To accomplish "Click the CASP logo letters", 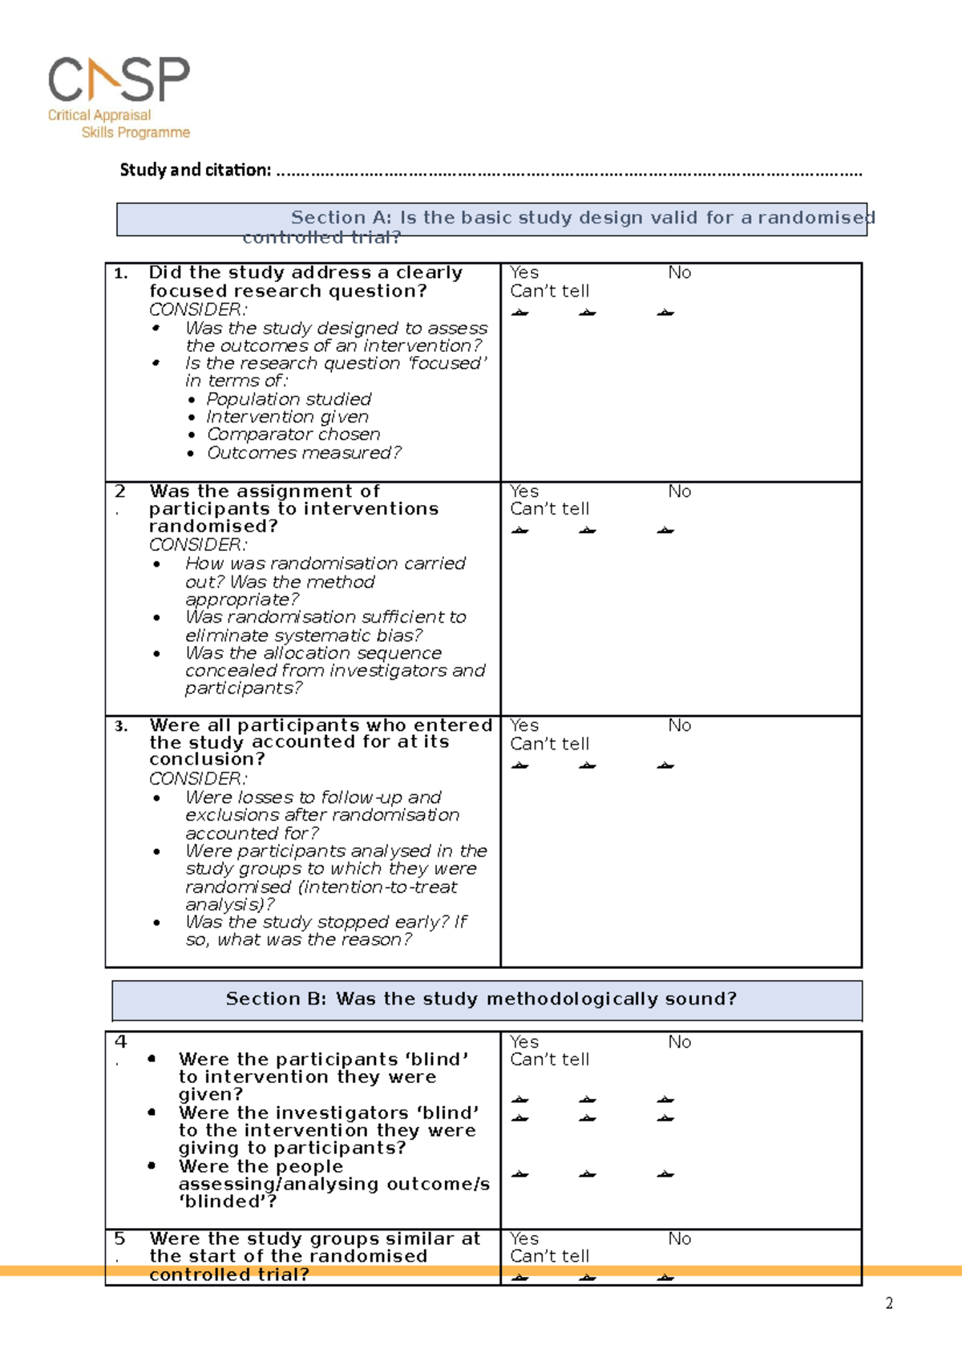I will pyautogui.click(x=119, y=79).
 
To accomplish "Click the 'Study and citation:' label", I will pyautogui.click(x=195, y=170).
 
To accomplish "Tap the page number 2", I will pyautogui.click(x=889, y=1303).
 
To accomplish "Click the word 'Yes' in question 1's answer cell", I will pyautogui.click(x=524, y=273).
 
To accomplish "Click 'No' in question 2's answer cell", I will pyautogui.click(x=679, y=491).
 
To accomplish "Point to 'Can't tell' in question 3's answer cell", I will pyautogui.click(x=549, y=744).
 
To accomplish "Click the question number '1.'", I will pyautogui.click(x=121, y=274).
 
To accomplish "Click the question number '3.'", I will pyautogui.click(x=121, y=726).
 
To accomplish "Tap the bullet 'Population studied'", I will pyautogui.click(x=289, y=399).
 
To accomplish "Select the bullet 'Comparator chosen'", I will pyautogui.click(x=293, y=434).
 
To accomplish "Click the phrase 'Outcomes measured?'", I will pyautogui.click(x=304, y=453).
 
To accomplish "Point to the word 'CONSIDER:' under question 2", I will pyautogui.click(x=198, y=545).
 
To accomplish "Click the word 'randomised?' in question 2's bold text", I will pyautogui.click(x=213, y=527).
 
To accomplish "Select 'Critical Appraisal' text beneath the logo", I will pyautogui.click(x=99, y=115).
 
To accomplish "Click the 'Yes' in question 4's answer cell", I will pyautogui.click(x=524, y=1042).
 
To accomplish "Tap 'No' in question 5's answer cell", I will pyautogui.click(x=679, y=1239).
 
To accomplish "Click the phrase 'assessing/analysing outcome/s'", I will pyautogui.click(x=333, y=1184).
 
